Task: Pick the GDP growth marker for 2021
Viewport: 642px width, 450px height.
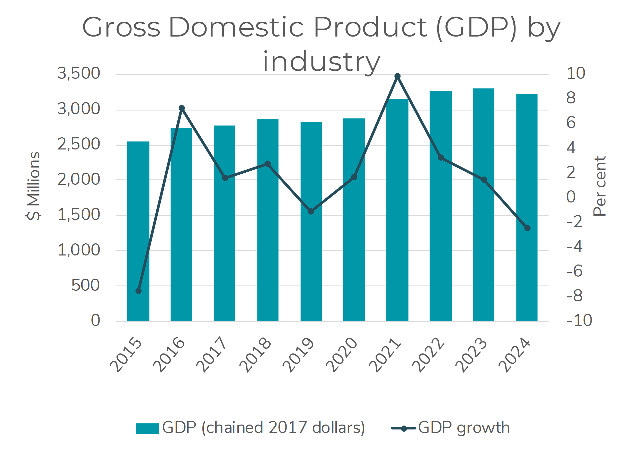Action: [397, 76]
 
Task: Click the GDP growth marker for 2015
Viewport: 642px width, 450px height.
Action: [138, 291]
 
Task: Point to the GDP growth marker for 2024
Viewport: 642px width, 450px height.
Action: [527, 228]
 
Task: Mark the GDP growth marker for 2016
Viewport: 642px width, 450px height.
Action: [182, 108]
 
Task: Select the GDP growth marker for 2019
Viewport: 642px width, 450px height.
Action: [311, 211]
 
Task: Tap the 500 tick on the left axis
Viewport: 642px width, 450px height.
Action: [85, 286]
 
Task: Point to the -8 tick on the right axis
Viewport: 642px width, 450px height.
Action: [574, 295]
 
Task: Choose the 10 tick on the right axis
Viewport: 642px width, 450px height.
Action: [576, 73]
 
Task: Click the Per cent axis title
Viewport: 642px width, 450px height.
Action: [600, 186]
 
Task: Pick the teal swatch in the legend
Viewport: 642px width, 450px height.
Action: [147, 428]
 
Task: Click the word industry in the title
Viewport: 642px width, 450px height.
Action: [322, 62]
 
